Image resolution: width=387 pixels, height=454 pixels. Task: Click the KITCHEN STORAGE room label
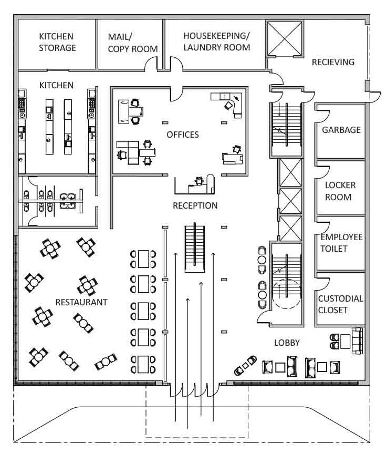57,42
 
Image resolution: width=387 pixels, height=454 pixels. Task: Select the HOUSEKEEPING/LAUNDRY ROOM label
216,42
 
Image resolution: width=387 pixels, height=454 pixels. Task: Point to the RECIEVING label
333,62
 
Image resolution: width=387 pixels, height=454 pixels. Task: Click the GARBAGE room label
341,130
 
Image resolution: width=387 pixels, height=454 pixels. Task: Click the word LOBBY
287,343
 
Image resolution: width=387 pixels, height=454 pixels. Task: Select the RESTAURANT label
81,302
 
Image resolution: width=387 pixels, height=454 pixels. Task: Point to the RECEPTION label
195,205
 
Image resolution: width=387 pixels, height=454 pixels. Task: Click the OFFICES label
183,135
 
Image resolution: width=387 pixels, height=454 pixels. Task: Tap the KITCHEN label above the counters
56,85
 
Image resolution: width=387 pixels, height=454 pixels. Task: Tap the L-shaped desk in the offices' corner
229,101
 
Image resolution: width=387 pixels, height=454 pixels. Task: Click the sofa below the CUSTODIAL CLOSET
357,340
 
